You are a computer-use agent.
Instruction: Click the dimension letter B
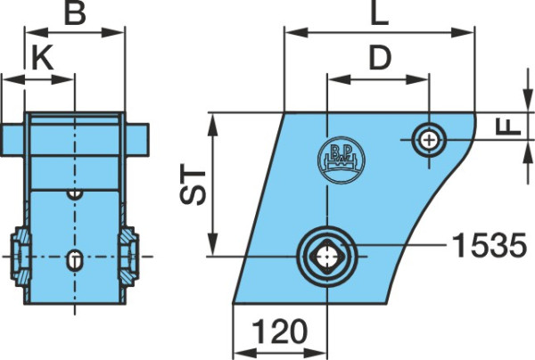(75, 13)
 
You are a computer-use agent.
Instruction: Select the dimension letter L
(380, 13)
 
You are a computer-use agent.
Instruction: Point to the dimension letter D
(380, 57)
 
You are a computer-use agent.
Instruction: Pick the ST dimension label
(193, 184)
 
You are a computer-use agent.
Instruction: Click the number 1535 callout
(490, 245)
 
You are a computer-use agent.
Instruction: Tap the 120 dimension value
(280, 331)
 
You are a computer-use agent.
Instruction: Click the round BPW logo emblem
(342, 160)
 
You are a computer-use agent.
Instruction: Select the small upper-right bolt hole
(429, 140)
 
